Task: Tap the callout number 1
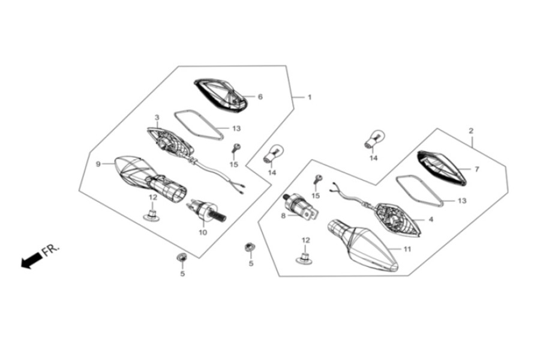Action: pos(309,97)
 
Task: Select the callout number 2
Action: pos(471,131)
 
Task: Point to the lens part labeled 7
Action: pos(442,168)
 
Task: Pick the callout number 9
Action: pos(98,164)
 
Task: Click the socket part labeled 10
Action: pos(206,210)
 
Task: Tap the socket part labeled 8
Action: pos(300,207)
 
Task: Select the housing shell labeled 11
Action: pos(362,244)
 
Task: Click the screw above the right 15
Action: pos(318,179)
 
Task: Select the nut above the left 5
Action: pos(181,257)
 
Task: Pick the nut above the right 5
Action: pos(248,247)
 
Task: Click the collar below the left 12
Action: pos(152,214)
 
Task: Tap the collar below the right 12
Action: pos(305,258)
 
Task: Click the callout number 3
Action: pos(157,118)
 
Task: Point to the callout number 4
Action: pos(431,220)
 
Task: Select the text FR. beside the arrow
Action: pos(50,250)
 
